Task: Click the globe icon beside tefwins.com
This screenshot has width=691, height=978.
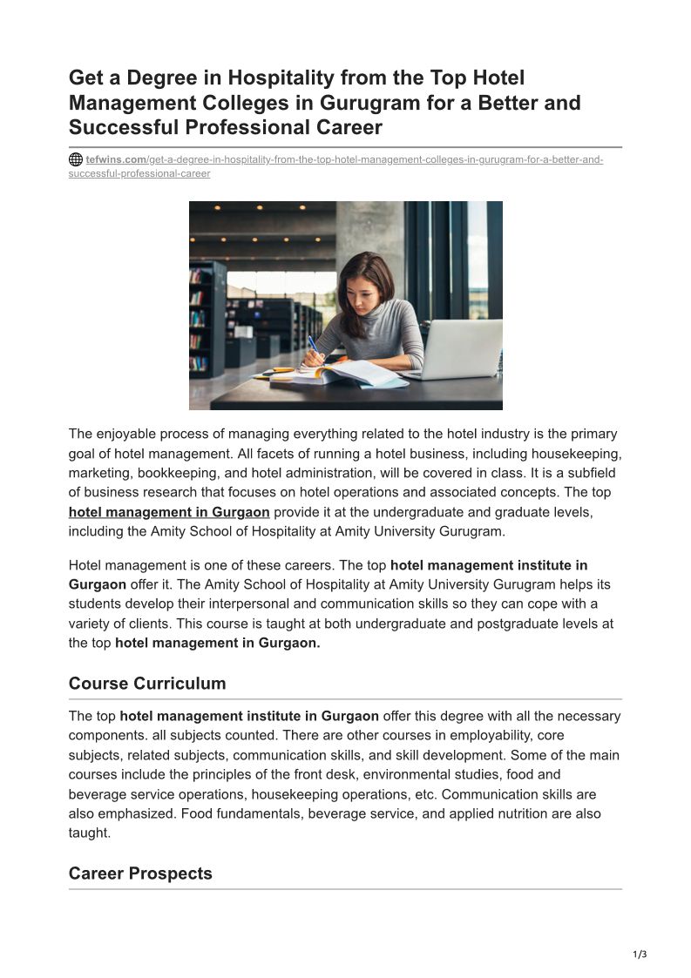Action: [x=76, y=160]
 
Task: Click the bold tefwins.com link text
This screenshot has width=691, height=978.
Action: [x=116, y=160]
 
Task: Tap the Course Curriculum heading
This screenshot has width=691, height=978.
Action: [x=147, y=684]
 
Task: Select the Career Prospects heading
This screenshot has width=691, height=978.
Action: [x=140, y=873]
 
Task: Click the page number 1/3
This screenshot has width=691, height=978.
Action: [x=640, y=954]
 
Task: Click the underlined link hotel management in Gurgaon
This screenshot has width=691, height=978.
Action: [x=169, y=512]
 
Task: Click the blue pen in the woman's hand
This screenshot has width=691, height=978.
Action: [x=313, y=344]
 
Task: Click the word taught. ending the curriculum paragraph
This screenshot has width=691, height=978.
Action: [x=90, y=833]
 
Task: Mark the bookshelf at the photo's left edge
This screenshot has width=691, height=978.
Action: [x=206, y=318]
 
